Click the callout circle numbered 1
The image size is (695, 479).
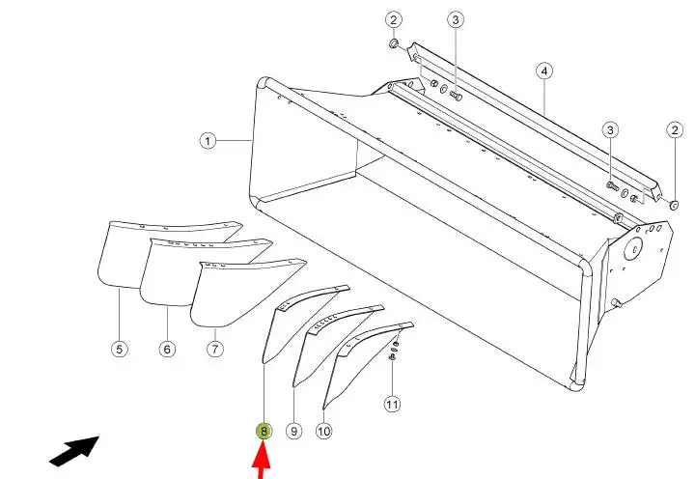(x=208, y=141)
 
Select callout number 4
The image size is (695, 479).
(x=544, y=70)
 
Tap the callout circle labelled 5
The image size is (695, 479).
(x=120, y=349)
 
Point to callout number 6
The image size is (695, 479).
(x=167, y=349)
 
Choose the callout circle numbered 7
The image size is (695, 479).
(x=215, y=349)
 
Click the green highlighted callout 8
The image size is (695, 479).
(x=264, y=431)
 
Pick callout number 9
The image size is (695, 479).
(x=293, y=431)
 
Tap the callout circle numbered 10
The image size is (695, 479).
(x=324, y=431)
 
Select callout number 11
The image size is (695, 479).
(x=392, y=404)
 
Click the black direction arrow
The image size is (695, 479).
(x=74, y=451)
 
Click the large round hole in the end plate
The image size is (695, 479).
(x=633, y=249)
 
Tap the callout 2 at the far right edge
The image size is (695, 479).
(x=675, y=130)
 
